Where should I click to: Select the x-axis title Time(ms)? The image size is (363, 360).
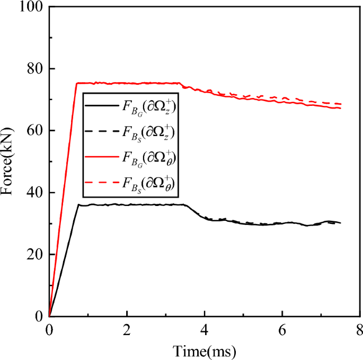[x=205, y=350]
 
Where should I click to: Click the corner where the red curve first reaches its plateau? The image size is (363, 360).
[x=77, y=83]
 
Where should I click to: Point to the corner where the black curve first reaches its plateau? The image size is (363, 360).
[x=78, y=204]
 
